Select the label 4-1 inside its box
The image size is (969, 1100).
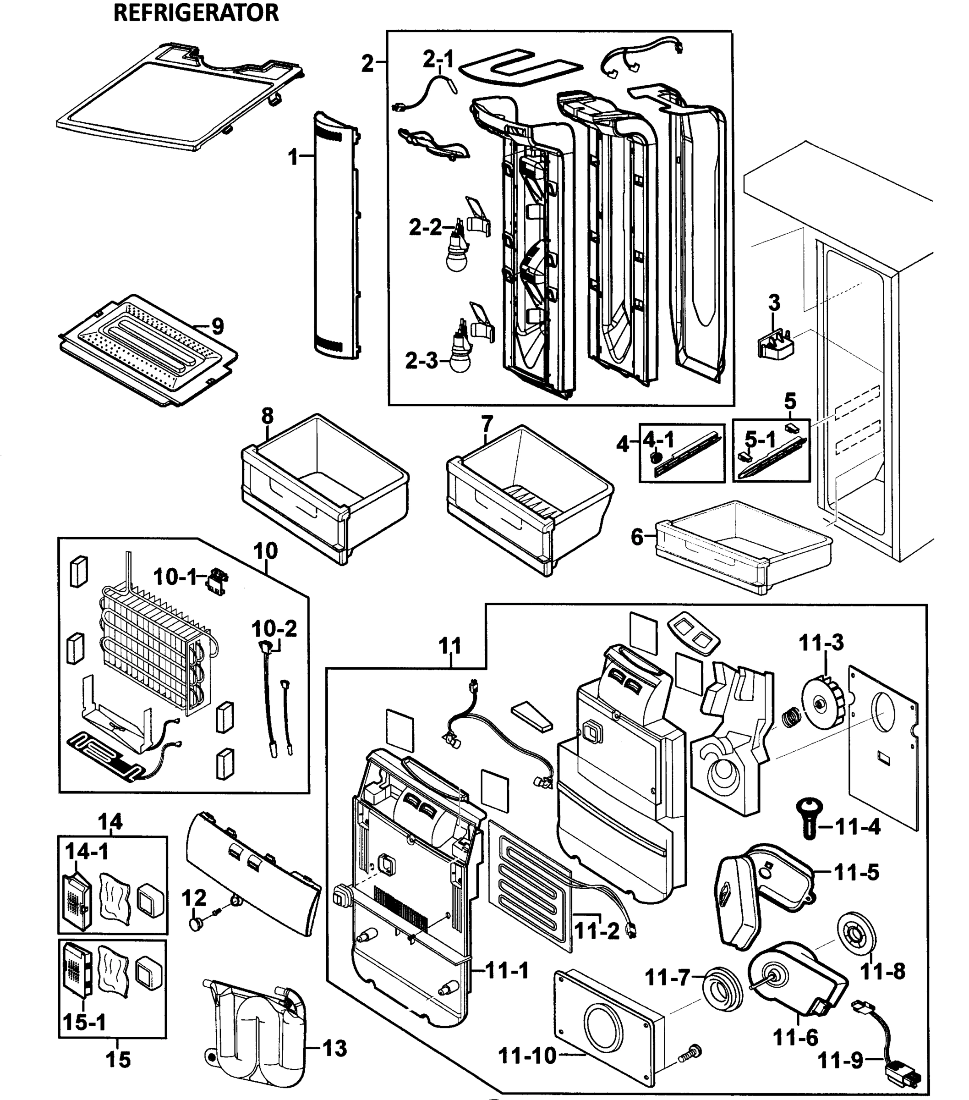658,440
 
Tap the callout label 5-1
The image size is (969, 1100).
760,440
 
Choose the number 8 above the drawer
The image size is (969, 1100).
268,416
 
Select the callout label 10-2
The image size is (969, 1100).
274,628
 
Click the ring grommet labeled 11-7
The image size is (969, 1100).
722,989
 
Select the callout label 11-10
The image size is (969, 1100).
527,1056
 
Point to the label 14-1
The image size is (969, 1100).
87,852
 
